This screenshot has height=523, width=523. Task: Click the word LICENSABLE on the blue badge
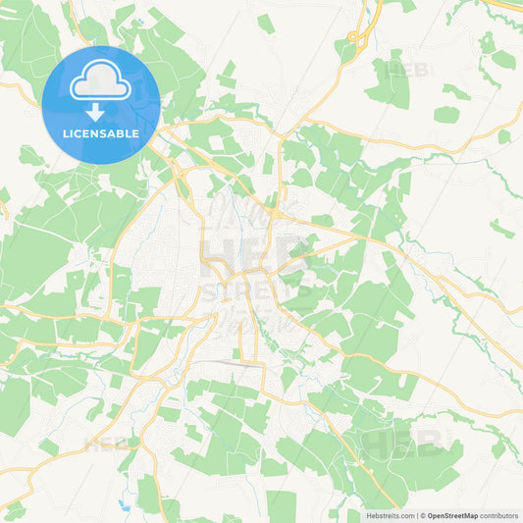click(101, 132)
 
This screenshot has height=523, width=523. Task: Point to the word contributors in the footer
click(499, 515)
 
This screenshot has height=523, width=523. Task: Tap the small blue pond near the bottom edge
click(124, 505)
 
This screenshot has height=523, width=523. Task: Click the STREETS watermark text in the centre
click(257, 290)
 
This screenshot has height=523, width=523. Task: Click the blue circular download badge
click(101, 105)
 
